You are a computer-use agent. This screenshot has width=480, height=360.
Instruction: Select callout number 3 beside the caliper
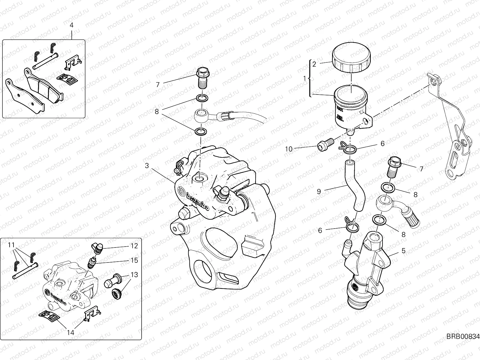pyautogui.click(x=147, y=165)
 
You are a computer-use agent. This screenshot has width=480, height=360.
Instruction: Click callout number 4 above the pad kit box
pyautogui.click(x=71, y=25)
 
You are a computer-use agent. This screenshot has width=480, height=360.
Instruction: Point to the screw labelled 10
pyautogui.click(x=325, y=145)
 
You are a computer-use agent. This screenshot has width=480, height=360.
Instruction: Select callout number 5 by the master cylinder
pyautogui.click(x=403, y=250)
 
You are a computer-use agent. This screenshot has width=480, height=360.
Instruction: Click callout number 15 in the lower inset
pyautogui.click(x=134, y=260)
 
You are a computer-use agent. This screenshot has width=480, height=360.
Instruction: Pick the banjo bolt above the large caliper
pyautogui.click(x=203, y=77)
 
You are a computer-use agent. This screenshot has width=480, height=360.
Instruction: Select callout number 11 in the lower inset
pyautogui.click(x=11, y=245)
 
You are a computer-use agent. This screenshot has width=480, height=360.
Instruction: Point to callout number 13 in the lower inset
pyautogui.click(x=134, y=274)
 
